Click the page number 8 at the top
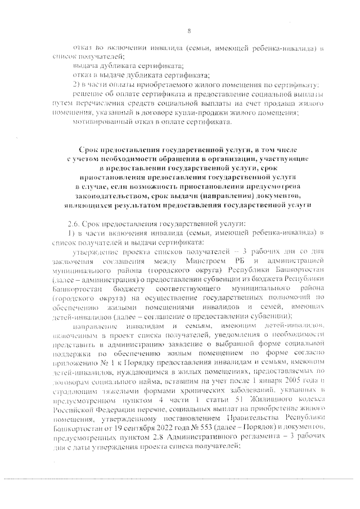[x=188, y=30]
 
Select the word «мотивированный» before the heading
[x=100, y=121]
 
